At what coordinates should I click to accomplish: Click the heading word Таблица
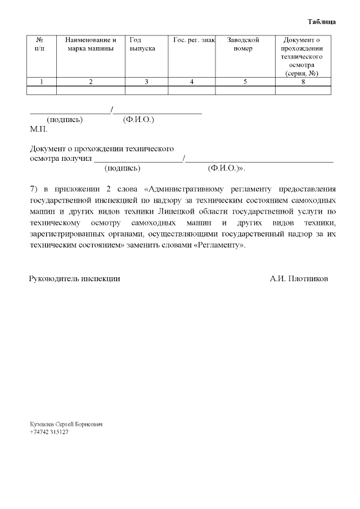click(322, 22)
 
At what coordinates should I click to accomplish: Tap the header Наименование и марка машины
click(91, 44)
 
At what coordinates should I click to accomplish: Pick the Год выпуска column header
click(142, 44)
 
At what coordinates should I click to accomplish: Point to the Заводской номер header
click(243, 44)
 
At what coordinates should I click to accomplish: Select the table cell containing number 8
click(303, 82)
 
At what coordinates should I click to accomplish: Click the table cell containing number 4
click(191, 82)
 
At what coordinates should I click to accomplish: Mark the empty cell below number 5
click(245, 90)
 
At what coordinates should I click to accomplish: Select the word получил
click(76, 159)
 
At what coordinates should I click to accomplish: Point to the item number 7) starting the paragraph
click(33, 188)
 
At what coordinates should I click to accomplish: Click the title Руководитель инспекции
click(74, 278)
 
